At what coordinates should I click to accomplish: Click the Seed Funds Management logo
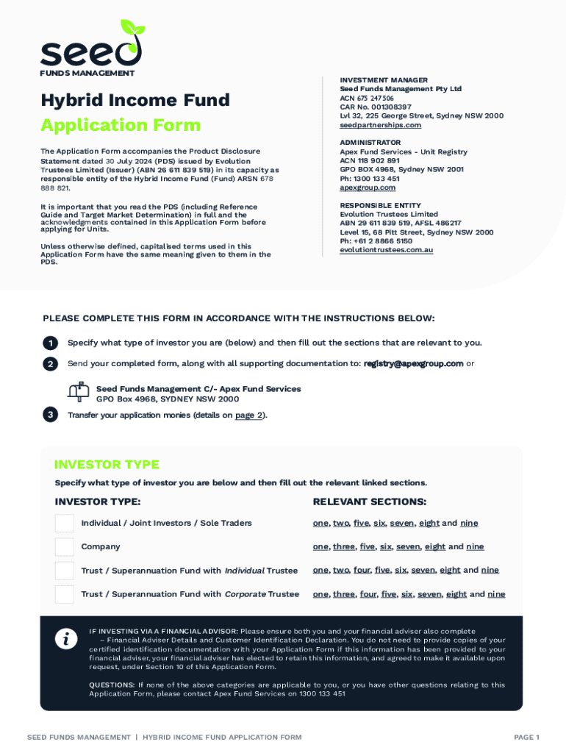pos(90,48)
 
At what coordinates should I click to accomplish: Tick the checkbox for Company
pos(65,547)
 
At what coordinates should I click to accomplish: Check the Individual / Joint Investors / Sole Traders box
pos(65,524)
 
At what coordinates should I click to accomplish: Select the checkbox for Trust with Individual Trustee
pos(65,571)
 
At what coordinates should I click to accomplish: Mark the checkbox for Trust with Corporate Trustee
pos(65,594)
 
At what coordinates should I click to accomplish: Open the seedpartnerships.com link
pos(380,125)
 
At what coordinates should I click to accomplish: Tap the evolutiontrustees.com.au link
pos(386,250)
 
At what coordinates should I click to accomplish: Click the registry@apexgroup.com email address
pos(413,363)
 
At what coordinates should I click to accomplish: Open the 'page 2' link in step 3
pos(249,415)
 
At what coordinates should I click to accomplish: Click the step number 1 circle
pos(50,343)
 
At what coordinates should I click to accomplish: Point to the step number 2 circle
pos(50,364)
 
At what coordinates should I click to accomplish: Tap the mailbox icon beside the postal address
pos(78,391)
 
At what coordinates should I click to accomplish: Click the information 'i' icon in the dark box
pos(66,640)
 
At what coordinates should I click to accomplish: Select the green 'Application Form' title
pos(120,125)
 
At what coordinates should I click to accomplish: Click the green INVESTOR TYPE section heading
pos(107,465)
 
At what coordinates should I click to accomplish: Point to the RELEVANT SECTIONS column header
pos(369,502)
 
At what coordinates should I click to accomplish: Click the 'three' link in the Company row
pos(343,547)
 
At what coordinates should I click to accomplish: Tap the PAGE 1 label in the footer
pos(526,737)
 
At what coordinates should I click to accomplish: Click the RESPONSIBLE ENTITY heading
pos(380,205)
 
